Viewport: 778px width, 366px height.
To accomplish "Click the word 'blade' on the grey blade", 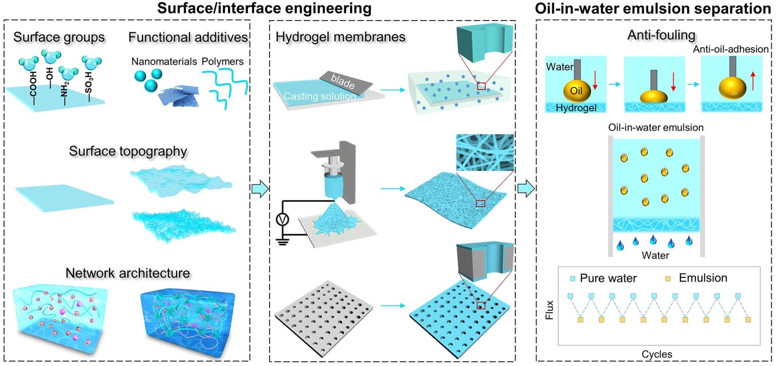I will point(343,81).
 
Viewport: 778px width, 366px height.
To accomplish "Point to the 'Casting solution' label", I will point(319,96).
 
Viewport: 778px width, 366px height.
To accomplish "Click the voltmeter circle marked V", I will point(282,219).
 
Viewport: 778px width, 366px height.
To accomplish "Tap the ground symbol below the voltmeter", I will point(282,242).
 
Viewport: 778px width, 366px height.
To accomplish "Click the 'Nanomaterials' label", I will point(164,61).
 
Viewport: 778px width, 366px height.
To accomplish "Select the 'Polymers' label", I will point(223,61).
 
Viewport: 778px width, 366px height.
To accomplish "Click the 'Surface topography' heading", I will point(128,151).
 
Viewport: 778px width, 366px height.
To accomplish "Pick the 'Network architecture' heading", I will point(128,273).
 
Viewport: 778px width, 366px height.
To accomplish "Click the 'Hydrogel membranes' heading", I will point(340,37).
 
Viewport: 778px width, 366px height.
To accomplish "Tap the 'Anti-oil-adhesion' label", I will point(731,49).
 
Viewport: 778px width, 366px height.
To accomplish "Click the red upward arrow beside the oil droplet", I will point(753,81).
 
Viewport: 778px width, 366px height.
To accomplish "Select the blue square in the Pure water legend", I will point(573,279).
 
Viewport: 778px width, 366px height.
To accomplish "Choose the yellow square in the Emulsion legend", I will point(667,279).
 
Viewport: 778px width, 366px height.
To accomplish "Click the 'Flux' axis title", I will point(549,310).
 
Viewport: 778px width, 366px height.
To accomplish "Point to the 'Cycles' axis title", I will point(657,354).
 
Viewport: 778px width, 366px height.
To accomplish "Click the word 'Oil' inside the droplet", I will point(576,91).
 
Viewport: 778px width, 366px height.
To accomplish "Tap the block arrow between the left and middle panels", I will point(260,188).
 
